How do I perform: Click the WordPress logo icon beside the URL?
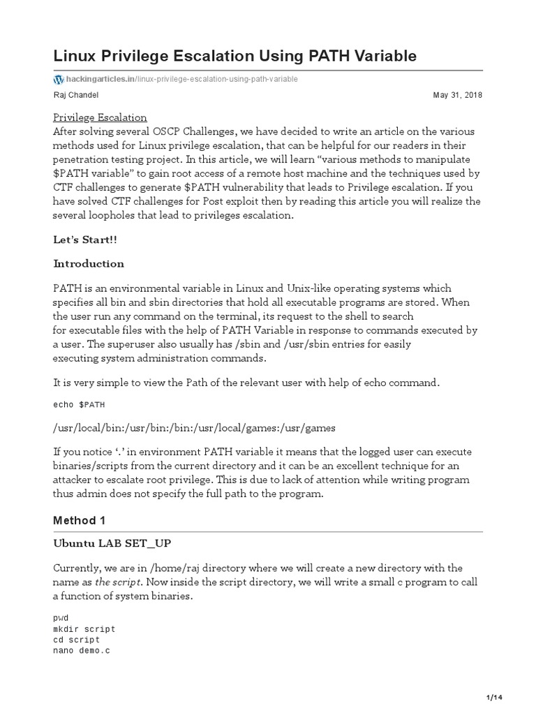(58, 79)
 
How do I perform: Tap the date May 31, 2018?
(458, 96)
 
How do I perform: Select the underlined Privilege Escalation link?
(100, 117)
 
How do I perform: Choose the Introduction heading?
(89, 264)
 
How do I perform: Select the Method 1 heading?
(82, 521)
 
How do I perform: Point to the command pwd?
(61, 619)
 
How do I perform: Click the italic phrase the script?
(119, 582)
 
